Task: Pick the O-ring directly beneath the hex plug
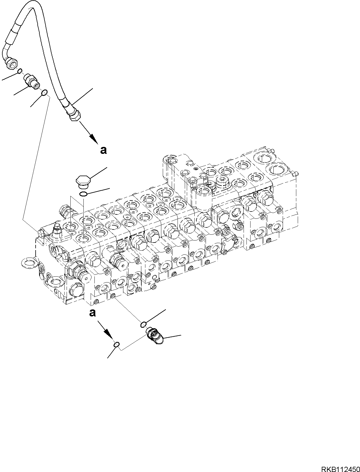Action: click(83, 194)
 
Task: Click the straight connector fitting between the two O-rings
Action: click(31, 80)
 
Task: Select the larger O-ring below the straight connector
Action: click(44, 92)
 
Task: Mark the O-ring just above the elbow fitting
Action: click(143, 325)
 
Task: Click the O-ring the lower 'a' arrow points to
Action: click(116, 344)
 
